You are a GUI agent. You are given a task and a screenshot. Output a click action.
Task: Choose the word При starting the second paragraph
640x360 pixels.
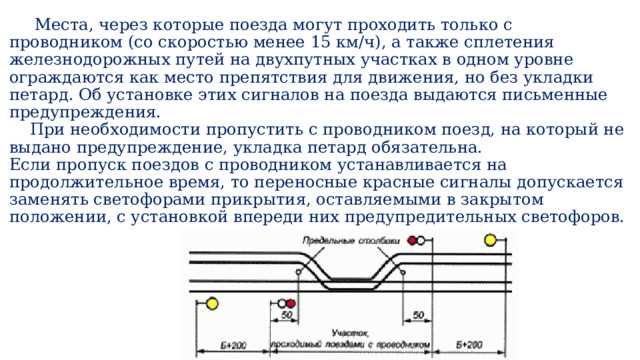tap(45, 130)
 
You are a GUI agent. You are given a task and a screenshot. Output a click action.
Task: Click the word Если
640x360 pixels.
tap(30, 165)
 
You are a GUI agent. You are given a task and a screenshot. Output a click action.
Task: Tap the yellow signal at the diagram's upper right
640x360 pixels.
tap(490, 240)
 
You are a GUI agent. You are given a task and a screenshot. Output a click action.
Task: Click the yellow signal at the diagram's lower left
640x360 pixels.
tap(213, 303)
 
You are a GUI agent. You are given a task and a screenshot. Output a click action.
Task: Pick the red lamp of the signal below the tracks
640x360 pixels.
tap(291, 303)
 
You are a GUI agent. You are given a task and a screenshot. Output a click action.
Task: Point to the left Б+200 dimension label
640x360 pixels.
tap(237, 345)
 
